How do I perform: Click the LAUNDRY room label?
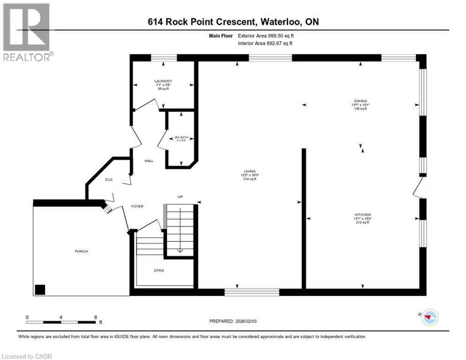[x=163, y=81]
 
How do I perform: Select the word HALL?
[x=149, y=161]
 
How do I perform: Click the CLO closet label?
[x=108, y=179]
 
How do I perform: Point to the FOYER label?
[x=137, y=206]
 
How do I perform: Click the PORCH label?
[x=81, y=251]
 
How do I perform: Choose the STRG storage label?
[x=159, y=270]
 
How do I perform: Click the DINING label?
[x=361, y=100]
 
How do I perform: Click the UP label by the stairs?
[x=180, y=196]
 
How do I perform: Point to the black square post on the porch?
[x=40, y=289]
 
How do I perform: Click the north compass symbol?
[x=429, y=317]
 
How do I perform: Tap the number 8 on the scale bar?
[x=96, y=317]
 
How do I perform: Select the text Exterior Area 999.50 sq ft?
[x=266, y=35]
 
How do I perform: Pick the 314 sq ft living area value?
[x=249, y=179]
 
